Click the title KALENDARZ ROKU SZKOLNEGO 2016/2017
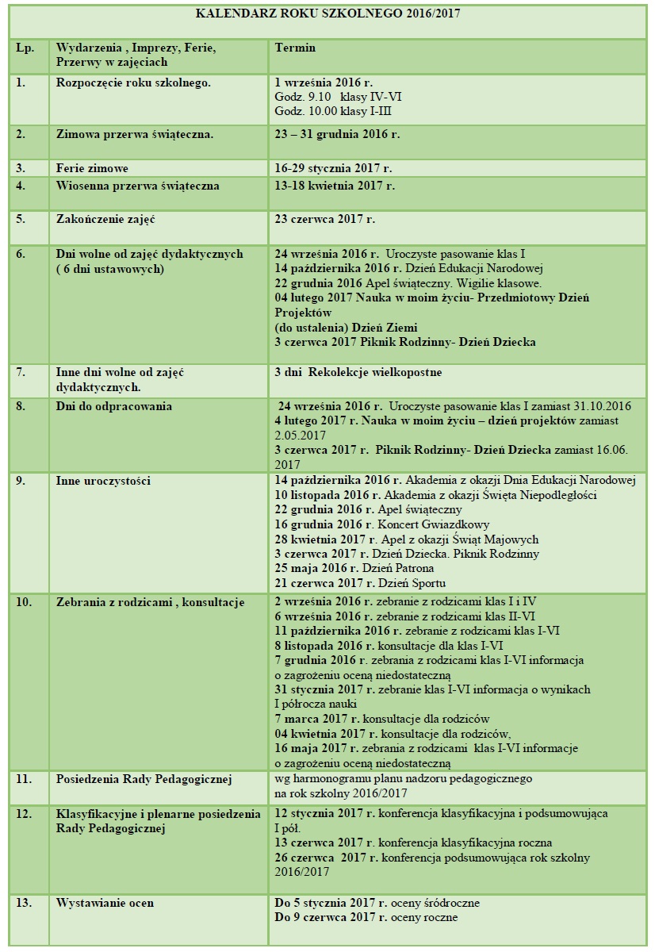[327, 13]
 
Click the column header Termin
[295, 48]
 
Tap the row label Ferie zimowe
[92, 169]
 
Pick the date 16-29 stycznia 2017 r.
[333, 169]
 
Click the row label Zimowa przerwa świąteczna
[135, 134]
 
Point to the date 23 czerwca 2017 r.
[324, 217]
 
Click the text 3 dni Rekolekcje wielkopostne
[358, 371]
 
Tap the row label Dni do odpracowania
[114, 405]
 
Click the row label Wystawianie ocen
[105, 903]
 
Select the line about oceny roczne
[366, 918]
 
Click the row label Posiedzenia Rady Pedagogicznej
[144, 779]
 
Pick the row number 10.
[25, 602]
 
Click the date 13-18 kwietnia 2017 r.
[335, 186]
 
